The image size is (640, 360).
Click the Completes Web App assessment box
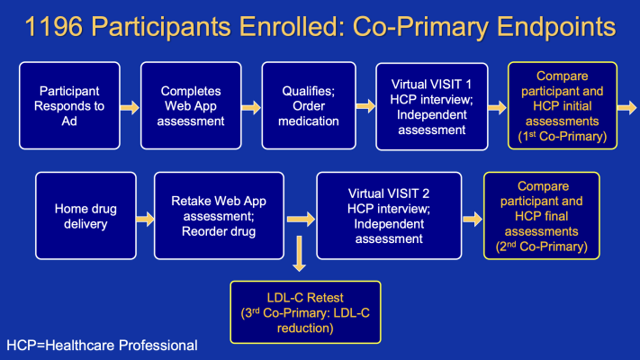point(191,105)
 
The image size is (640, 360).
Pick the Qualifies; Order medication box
point(311,105)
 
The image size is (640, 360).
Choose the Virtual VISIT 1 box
point(432,105)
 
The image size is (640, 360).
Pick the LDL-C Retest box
point(304,311)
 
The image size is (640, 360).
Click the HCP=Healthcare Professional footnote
point(101,345)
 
